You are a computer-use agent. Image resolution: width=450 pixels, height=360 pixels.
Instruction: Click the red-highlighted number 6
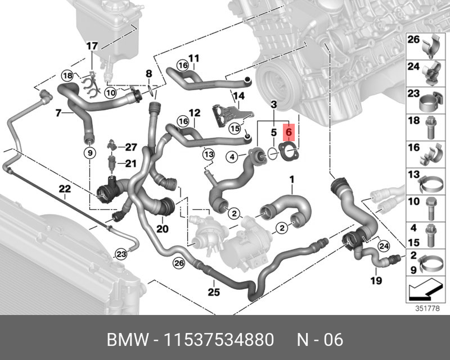[x=289, y=132]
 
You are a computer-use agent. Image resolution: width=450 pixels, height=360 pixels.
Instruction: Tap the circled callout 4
[x=232, y=157]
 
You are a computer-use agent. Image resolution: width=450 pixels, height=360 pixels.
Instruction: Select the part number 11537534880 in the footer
[x=219, y=340]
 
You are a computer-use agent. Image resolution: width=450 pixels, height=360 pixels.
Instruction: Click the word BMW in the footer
[x=128, y=340]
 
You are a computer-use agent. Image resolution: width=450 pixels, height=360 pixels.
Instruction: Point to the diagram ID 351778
[x=427, y=309]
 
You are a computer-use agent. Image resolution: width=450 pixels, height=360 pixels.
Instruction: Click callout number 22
[x=65, y=189]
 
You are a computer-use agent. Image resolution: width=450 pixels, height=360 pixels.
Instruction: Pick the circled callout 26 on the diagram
[x=180, y=263]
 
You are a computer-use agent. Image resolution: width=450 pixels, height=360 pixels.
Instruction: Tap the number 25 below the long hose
[x=214, y=292]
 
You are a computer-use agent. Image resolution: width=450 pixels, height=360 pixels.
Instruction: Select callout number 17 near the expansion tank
[x=92, y=46]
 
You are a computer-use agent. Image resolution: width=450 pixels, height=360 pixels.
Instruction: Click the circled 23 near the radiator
[x=121, y=254]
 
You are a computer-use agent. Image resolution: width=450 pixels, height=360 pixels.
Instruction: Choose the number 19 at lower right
[x=376, y=280]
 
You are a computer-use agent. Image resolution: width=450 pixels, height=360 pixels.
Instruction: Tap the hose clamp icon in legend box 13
[x=430, y=184]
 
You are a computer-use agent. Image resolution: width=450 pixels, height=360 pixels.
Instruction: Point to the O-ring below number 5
[x=273, y=153]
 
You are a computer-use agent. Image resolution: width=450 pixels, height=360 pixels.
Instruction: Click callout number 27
[x=131, y=147]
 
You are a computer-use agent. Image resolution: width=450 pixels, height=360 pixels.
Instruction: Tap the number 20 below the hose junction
[x=162, y=229]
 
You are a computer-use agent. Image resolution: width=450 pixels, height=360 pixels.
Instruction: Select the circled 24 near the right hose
[x=384, y=246]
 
